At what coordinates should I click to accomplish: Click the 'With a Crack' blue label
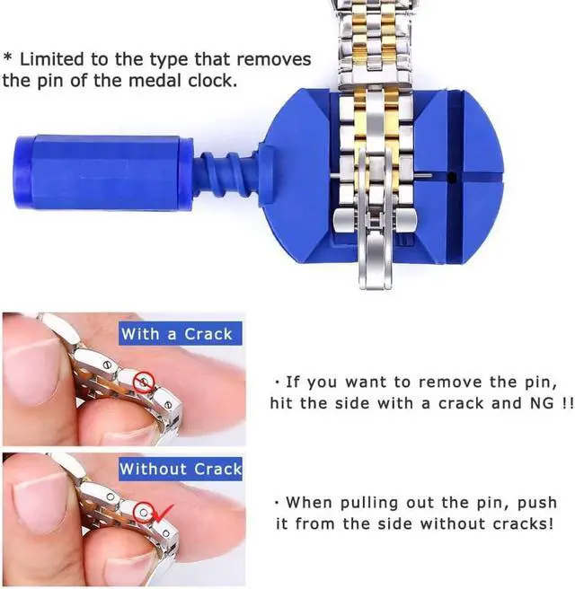[176, 334]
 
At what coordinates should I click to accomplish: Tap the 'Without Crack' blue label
[181, 469]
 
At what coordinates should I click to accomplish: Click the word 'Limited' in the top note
[54, 60]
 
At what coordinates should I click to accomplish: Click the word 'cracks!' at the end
[518, 523]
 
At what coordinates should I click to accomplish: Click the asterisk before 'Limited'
[7, 59]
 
